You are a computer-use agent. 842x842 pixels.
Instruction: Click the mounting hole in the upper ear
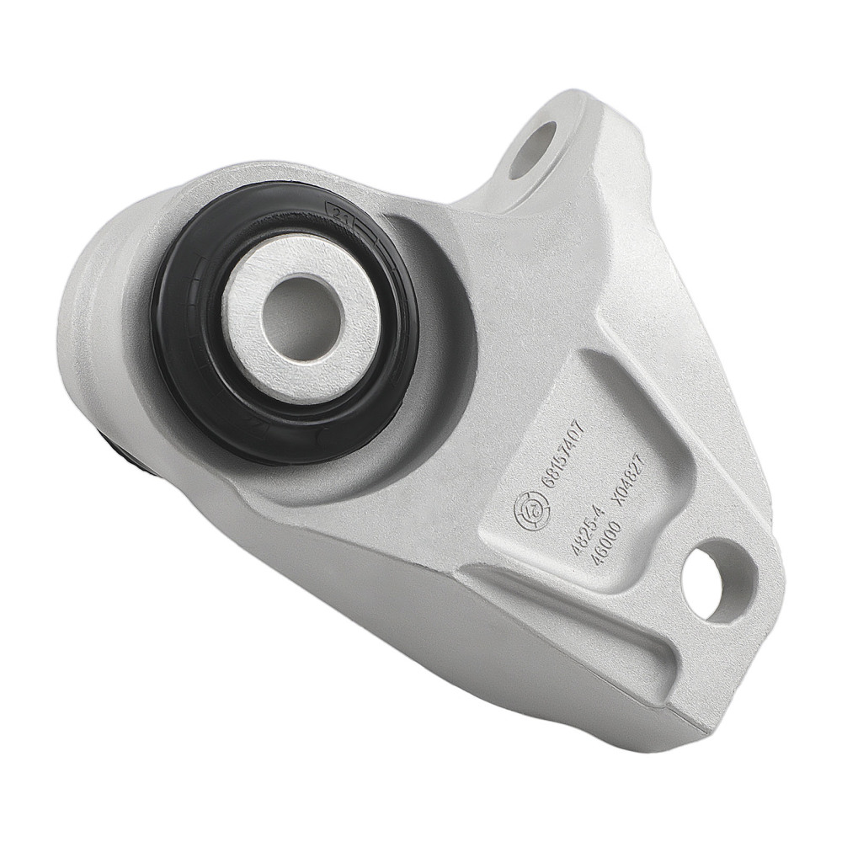click(532, 150)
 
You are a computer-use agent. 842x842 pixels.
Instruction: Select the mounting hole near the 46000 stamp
click(718, 579)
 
